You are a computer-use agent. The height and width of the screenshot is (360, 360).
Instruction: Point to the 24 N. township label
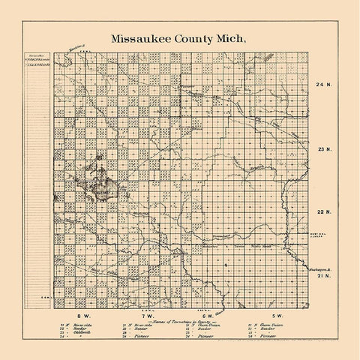pyautogui.click(x=325, y=86)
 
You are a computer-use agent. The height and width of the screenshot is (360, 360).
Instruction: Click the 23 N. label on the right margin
pyautogui.click(x=325, y=149)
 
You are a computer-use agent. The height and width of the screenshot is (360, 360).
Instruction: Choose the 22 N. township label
pyautogui.click(x=325, y=213)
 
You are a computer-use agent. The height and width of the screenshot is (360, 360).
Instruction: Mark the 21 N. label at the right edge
pyautogui.click(x=325, y=277)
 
